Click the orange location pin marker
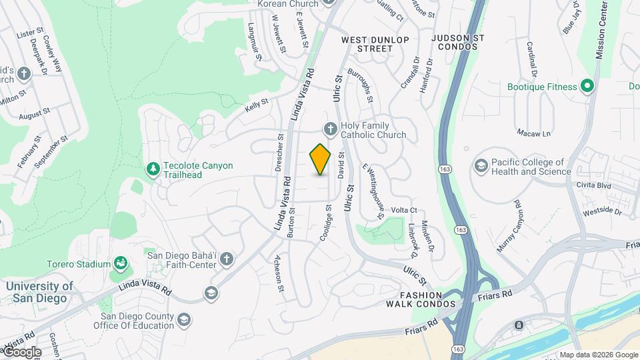coord(321,159)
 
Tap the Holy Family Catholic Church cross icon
coord(329,129)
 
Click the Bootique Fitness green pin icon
coord(587,86)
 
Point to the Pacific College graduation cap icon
coord(480,165)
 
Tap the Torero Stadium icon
coord(121,264)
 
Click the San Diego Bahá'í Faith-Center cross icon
coord(227,259)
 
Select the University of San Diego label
coord(40,292)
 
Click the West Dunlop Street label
coord(375,44)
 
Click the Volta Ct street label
coord(404,210)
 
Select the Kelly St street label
coord(256,105)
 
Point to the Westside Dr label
coord(601,212)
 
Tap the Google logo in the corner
coord(22,351)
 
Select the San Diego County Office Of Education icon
coord(183,322)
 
